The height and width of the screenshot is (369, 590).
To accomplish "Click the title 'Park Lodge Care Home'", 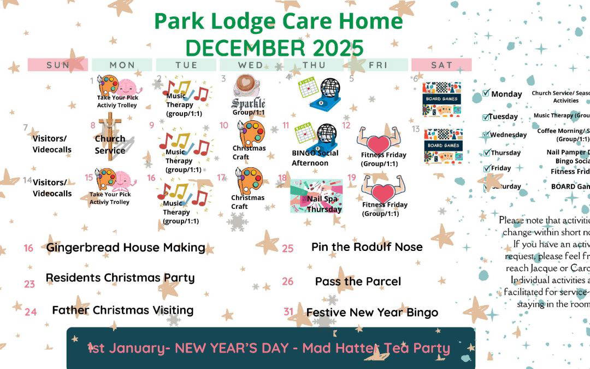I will tap(278, 21).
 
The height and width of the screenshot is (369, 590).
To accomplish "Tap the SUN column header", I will tap(58, 65).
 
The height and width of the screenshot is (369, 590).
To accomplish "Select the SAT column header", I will tap(441, 65).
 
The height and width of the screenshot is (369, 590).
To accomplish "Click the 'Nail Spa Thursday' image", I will tap(316, 196).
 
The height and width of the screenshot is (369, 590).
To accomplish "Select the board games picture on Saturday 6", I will tap(442, 99).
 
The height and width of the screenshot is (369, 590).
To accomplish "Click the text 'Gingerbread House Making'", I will tap(126, 247).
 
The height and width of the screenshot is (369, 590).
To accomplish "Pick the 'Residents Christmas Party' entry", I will tap(120, 278).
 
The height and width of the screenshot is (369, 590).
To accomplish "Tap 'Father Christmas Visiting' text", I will tap(123, 310).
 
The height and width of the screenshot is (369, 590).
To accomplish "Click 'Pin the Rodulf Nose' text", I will tap(367, 247).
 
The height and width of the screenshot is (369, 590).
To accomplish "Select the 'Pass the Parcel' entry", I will tap(358, 282).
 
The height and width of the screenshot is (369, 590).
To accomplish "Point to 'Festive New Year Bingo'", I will tap(372, 313).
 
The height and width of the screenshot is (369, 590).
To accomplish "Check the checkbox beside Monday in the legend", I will tap(486, 93).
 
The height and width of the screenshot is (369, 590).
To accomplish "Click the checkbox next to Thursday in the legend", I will tap(486, 153).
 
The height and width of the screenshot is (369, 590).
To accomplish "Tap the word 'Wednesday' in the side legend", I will tap(509, 135).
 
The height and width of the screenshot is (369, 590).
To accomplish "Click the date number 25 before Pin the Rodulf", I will tap(288, 248).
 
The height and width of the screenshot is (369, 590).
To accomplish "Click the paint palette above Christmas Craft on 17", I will tap(249, 180).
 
